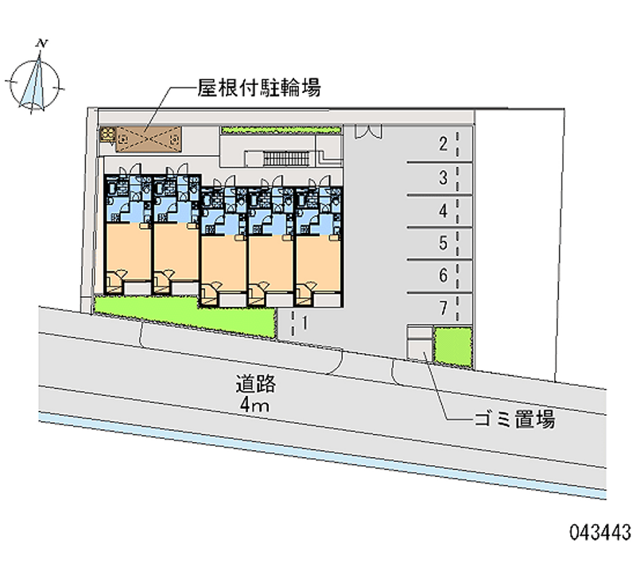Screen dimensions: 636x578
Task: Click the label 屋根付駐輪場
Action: point(259,87)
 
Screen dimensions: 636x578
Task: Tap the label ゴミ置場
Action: point(514,420)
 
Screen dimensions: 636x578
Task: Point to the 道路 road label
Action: point(256,384)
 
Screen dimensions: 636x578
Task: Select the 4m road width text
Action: point(254,405)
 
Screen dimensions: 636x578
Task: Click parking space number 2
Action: point(444,144)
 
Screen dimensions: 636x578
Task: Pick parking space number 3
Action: point(444,177)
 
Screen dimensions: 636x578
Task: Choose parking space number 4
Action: point(444,211)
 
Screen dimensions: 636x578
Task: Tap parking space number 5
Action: point(444,243)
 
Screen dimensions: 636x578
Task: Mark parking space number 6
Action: point(444,275)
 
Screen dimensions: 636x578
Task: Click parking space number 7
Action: point(444,308)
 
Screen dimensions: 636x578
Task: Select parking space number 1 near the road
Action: point(304,323)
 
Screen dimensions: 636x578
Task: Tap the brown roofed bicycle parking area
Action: point(149,139)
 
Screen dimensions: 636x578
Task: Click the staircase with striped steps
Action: point(286,158)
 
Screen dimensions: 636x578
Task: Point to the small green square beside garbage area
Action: point(453,347)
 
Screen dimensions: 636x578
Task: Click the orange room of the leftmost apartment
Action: point(128,250)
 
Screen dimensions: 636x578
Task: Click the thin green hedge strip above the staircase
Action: point(281,130)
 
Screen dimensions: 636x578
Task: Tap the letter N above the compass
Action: point(42,43)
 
